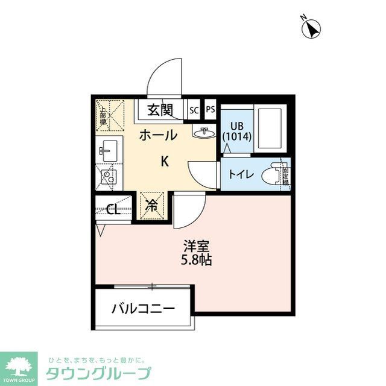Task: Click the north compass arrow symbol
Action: [311, 28]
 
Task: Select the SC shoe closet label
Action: [194, 110]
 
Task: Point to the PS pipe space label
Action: [210, 110]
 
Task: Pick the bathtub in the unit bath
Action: [270, 129]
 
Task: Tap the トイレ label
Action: [241, 174]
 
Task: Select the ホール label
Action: [158, 135]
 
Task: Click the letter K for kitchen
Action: [164, 161]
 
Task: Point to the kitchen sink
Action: [109, 148]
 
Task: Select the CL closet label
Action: [112, 209]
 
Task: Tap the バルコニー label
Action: [144, 309]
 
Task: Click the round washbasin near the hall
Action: [204, 132]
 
